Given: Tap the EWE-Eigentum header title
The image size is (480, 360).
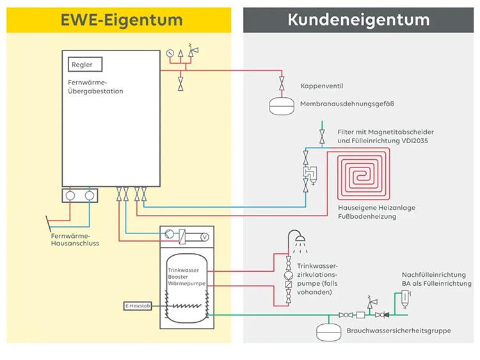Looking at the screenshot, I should click(122, 19).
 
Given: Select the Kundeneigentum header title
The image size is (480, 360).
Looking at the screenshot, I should click(358, 19).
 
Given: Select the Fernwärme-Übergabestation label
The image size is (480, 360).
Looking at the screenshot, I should click(95, 87).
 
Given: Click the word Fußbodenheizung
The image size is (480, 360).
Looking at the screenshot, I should click(367, 217).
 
